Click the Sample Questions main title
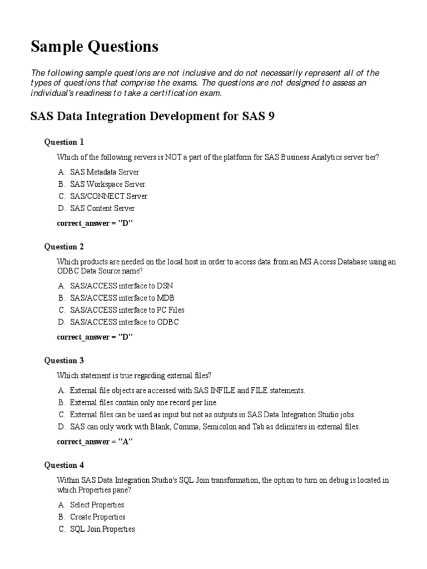pyautogui.click(x=94, y=47)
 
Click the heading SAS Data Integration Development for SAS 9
pyautogui.click(x=152, y=117)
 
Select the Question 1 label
pyautogui.click(x=64, y=142)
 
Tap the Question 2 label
pyautogui.click(x=64, y=247)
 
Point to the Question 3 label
pyautogui.click(x=64, y=361)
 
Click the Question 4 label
pyautogui.click(x=64, y=465)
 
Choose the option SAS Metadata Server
pyautogui.click(x=104, y=172)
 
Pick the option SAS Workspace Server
pyautogui.click(x=107, y=184)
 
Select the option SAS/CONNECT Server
pyautogui.click(x=108, y=197)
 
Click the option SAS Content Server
pyautogui.click(x=102, y=209)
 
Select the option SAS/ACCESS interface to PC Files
pyautogui.click(x=127, y=310)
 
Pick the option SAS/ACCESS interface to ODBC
pyautogui.click(x=124, y=322)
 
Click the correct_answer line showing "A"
pyautogui.click(x=95, y=442)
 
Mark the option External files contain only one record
pyautogui.click(x=143, y=402)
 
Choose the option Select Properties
pyautogui.click(x=97, y=505)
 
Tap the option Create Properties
pyautogui.click(x=97, y=517)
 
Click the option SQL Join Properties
pyautogui.click(x=102, y=530)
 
